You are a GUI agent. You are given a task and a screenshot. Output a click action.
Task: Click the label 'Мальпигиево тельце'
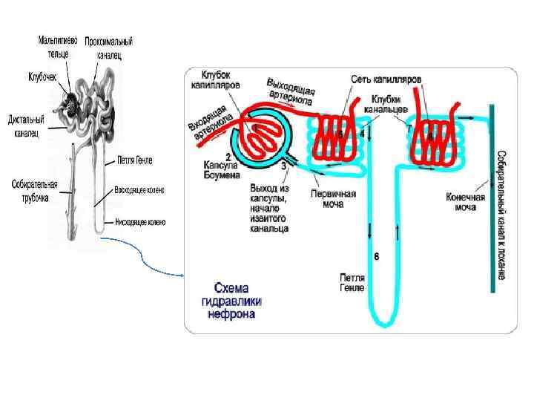coord(59,44)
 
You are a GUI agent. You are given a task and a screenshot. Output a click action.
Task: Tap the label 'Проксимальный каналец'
coord(104,48)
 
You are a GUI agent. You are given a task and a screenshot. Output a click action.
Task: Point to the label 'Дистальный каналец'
coord(27,125)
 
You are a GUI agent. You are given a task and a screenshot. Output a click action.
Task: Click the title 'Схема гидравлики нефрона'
coord(237,301)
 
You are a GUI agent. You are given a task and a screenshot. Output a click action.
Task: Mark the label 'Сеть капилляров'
coord(386,78)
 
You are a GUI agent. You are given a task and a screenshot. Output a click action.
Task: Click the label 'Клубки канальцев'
coord(388,103)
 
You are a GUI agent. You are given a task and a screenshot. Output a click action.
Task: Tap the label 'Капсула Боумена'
coord(221,170)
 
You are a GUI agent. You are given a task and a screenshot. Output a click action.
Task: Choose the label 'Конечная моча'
coord(465,203)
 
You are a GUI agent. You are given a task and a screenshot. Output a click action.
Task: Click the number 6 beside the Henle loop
coord(376,257)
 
